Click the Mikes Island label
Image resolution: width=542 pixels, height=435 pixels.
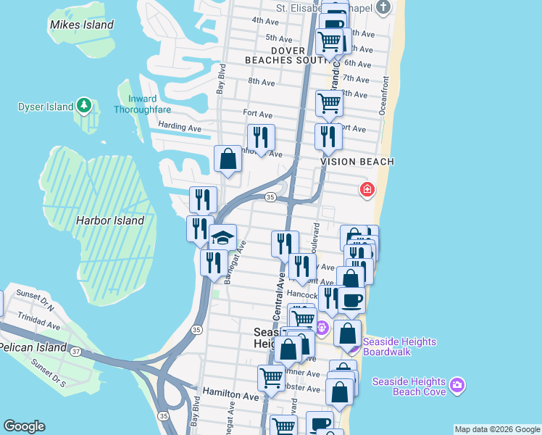[x=82, y=25]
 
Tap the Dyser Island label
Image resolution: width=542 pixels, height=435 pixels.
[x=46, y=107]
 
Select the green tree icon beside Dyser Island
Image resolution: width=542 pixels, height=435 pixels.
[x=85, y=107]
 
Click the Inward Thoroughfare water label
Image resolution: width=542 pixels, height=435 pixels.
[x=142, y=104]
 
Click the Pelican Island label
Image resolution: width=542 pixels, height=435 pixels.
[x=33, y=347]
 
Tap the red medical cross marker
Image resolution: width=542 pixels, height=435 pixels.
[x=367, y=190]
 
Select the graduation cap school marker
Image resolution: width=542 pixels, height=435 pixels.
[x=222, y=238]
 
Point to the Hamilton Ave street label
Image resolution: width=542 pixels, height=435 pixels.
[x=230, y=397]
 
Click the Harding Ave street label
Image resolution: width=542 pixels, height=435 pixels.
[x=180, y=127]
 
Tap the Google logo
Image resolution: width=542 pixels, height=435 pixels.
[x=24, y=426]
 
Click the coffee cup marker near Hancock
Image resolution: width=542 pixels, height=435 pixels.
[x=352, y=299]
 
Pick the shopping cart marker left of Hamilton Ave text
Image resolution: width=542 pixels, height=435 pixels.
[x=271, y=377]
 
